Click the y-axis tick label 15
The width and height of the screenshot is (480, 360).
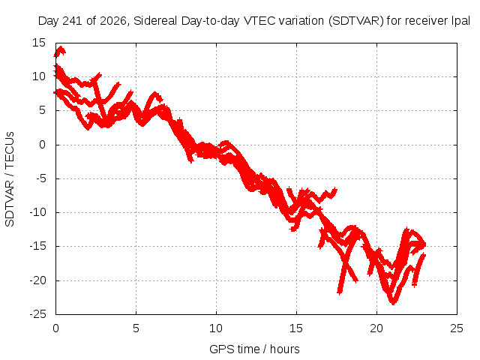click(x=38, y=43)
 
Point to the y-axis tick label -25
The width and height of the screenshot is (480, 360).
click(x=37, y=314)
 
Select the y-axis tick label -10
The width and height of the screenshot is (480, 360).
click(x=37, y=212)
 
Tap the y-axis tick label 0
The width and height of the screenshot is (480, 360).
click(x=42, y=145)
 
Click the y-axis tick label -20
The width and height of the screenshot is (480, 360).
click(x=37, y=280)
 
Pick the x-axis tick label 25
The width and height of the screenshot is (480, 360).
click(x=457, y=328)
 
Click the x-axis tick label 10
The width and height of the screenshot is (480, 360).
click(x=216, y=328)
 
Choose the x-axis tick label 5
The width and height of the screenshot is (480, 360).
click(x=136, y=328)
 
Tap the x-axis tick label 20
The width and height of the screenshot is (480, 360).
click(x=376, y=328)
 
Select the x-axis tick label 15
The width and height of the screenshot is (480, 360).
click(x=296, y=328)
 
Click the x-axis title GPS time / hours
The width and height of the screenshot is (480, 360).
click(x=254, y=349)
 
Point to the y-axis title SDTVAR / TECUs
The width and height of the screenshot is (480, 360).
click(x=10, y=179)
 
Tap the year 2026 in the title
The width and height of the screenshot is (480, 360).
click(x=112, y=21)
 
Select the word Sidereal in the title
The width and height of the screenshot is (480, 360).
click(x=155, y=21)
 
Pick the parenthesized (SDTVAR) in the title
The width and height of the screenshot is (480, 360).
click(x=356, y=21)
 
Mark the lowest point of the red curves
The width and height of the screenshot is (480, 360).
click(x=393, y=304)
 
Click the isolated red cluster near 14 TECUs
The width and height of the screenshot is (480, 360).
click(x=59, y=52)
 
